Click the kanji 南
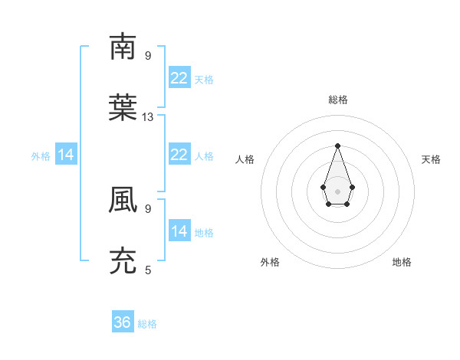click(123, 47)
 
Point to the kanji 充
click(123, 260)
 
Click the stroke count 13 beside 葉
click(148, 117)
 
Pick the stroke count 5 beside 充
click(148, 270)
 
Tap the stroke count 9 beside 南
click(148, 56)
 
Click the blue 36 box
click(123, 322)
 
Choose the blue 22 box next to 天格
click(179, 78)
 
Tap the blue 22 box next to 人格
click(179, 155)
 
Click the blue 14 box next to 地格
click(179, 231)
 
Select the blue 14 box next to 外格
click(66, 155)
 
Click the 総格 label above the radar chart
click(337, 100)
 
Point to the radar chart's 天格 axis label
click(431, 159)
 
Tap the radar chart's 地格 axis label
click(402, 262)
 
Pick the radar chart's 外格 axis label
click(270, 262)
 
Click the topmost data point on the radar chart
click(337, 146)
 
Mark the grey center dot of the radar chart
click(337, 191)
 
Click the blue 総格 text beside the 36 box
click(147, 324)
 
